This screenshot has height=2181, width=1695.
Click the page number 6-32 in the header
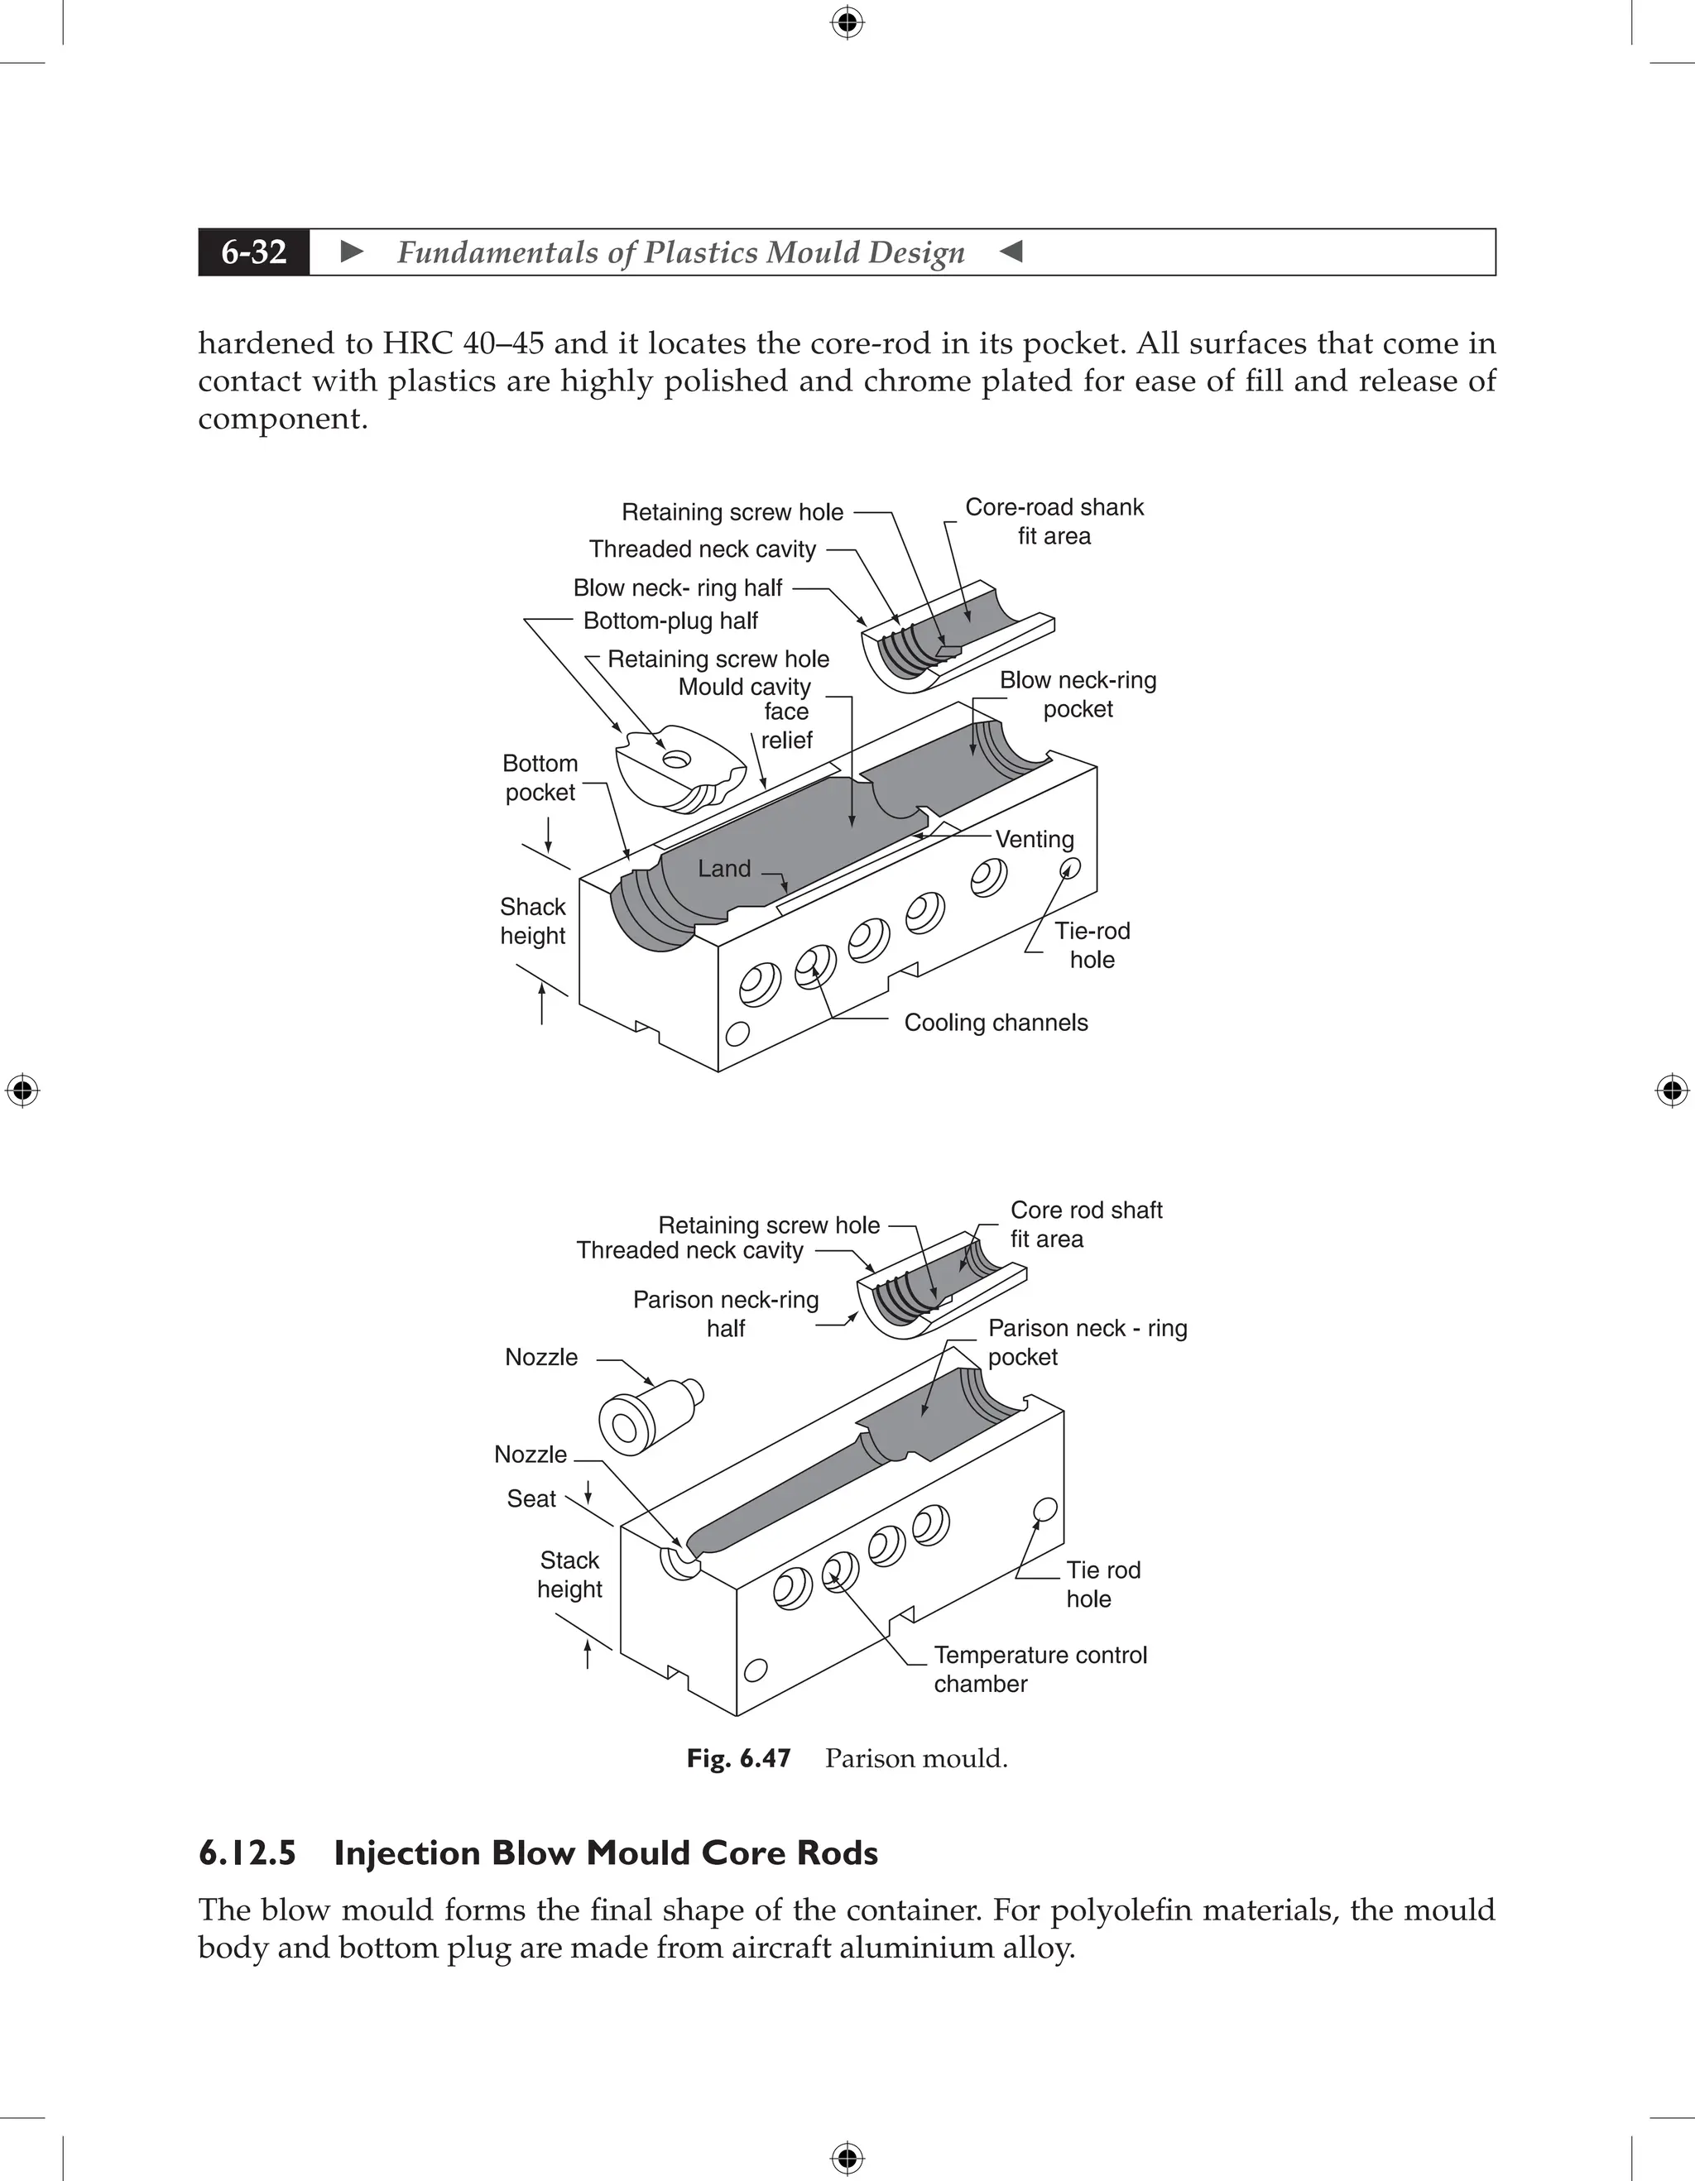click(254, 252)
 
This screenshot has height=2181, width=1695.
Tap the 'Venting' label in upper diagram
click(1034, 839)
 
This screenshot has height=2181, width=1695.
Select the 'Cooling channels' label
click(995, 1023)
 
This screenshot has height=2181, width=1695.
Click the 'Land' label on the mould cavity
click(724, 869)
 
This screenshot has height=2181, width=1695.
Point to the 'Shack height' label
click(532, 921)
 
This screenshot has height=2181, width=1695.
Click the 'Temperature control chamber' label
click(1039, 1669)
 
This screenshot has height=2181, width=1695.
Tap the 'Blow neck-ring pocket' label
click(1077, 694)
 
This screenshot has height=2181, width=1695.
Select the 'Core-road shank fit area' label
click(1054, 521)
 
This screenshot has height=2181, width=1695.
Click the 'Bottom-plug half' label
click(670, 621)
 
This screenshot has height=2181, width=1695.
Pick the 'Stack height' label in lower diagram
click(569, 1574)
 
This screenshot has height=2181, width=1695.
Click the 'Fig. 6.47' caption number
click(738, 1758)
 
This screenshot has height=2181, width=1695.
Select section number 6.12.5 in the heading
click(247, 1853)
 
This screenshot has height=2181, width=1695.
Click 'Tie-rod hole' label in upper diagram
click(1092, 945)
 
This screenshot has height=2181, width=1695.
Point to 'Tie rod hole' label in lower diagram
click(1102, 1584)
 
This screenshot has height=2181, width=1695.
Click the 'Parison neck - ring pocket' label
click(1086, 1342)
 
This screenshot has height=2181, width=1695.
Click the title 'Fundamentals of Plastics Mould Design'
click(680, 252)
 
